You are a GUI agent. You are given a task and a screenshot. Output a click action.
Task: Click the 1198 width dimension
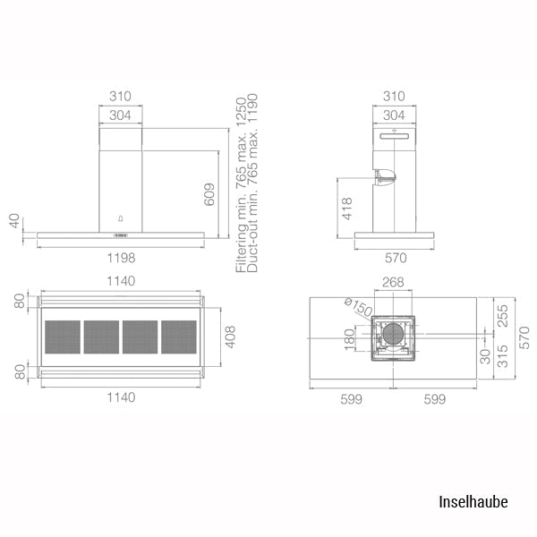(121, 258)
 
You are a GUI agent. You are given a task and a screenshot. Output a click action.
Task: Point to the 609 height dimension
(209, 194)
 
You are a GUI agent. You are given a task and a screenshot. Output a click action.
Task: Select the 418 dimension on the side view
(347, 209)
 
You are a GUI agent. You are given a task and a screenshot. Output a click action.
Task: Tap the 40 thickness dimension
(14, 220)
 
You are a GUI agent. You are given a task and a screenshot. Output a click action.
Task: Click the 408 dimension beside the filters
(231, 337)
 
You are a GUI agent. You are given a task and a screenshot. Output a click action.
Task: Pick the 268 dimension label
(393, 282)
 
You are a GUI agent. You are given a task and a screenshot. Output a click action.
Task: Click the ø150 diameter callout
(358, 307)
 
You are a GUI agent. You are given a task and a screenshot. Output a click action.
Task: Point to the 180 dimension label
(349, 339)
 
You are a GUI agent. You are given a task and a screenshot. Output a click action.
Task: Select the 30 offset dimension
(485, 356)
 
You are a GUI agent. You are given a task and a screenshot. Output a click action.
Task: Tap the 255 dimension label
(502, 316)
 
